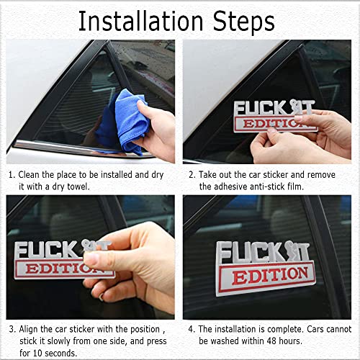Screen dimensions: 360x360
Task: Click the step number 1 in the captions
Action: pos(12,174)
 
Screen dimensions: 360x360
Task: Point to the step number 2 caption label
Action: pos(192,174)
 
